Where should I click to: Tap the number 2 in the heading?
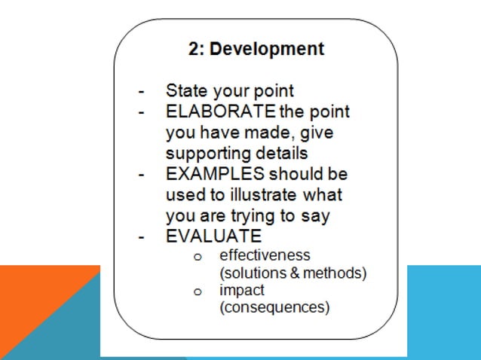pyautogui.click(x=193, y=50)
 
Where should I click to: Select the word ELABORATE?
pyautogui.click(x=220, y=112)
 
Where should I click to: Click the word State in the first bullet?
pyautogui.click(x=185, y=91)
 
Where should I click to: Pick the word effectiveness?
pyautogui.click(x=265, y=255)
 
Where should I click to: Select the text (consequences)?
pyautogui.click(x=265, y=307)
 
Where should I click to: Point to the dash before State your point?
pyautogui.click(x=141, y=92)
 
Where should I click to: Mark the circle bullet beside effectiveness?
pyautogui.click(x=197, y=257)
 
